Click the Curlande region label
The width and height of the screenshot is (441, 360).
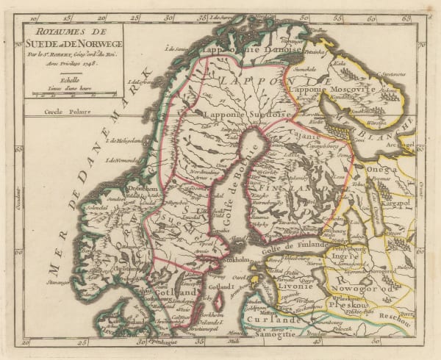(x=267, y=321)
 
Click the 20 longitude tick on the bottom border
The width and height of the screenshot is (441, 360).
(x=27, y=342)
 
